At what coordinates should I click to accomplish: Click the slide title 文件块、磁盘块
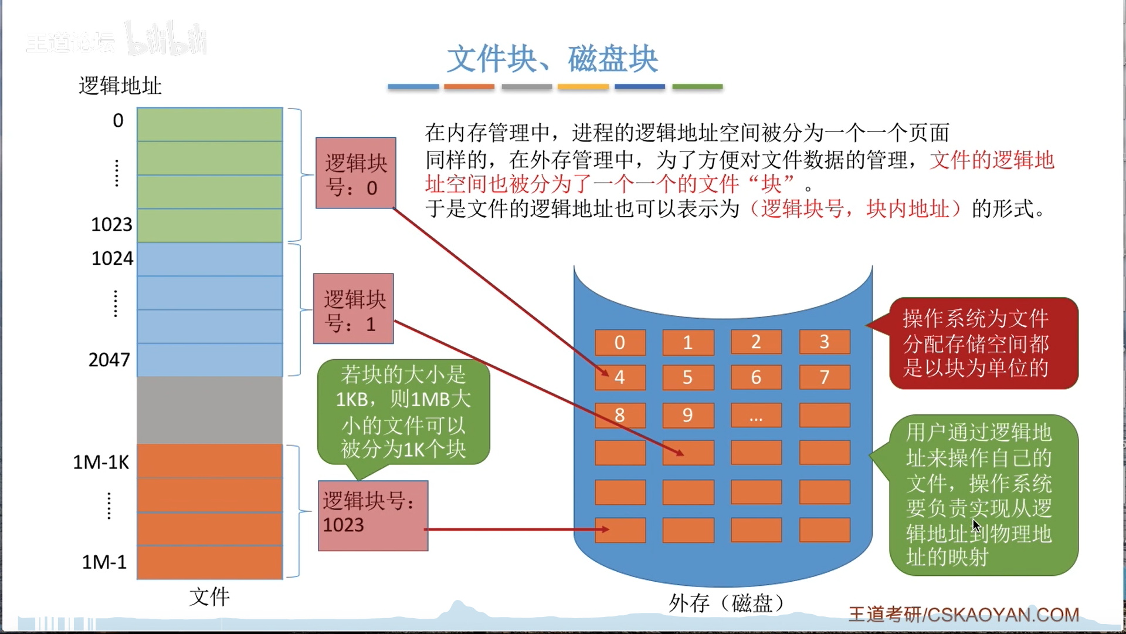coord(552,59)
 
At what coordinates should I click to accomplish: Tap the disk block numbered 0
coord(620,342)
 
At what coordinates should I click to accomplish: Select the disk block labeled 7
coord(824,377)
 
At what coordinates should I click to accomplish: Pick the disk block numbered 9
coord(688,415)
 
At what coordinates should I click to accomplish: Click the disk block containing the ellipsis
coord(756,415)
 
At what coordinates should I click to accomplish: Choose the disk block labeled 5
coord(688,377)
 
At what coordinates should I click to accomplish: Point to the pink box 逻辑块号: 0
coord(355,173)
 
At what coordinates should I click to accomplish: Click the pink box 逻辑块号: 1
coord(353,309)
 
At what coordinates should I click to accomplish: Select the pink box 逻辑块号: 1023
coord(373,515)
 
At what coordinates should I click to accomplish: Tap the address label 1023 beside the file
coord(111,224)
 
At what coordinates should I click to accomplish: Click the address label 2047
coord(109,359)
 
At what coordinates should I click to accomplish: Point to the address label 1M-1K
coord(101,462)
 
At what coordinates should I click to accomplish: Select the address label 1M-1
coord(104,562)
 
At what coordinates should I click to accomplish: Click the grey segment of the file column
coord(209,410)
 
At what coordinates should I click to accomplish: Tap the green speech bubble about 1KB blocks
coord(403,412)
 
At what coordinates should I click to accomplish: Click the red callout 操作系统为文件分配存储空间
coord(983,343)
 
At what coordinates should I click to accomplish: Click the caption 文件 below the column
coord(209,597)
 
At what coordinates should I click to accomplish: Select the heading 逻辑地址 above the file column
coord(120,86)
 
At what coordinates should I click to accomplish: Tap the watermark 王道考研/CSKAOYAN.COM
coord(964,615)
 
